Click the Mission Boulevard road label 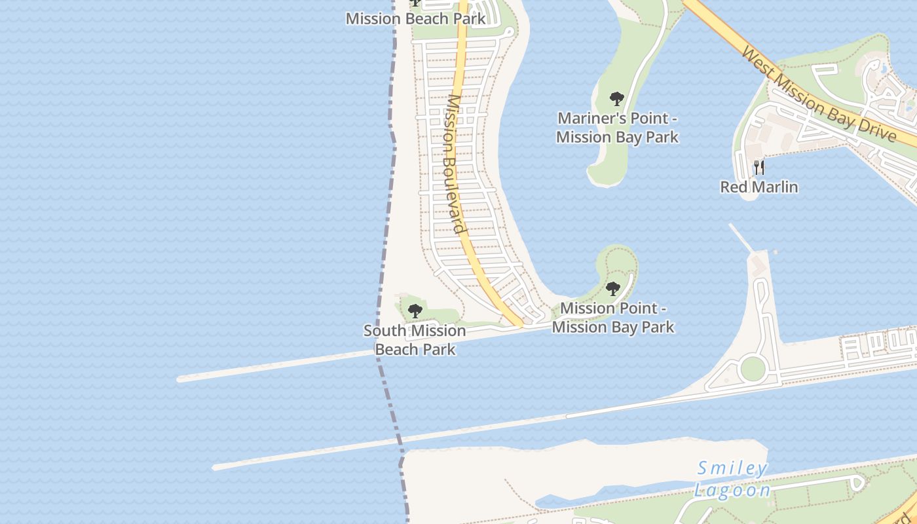point(456,164)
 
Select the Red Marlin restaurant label point(759,187)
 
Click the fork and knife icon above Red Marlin point(759,168)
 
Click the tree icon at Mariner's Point point(616,100)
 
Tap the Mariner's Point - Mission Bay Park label point(617,128)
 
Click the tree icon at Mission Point point(613,289)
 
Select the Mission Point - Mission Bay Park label point(613,317)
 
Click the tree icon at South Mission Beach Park point(415,311)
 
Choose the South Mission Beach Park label point(415,340)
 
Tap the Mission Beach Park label point(416,18)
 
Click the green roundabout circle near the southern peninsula point(753,369)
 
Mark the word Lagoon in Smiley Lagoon point(732,490)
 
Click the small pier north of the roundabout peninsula point(742,238)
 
